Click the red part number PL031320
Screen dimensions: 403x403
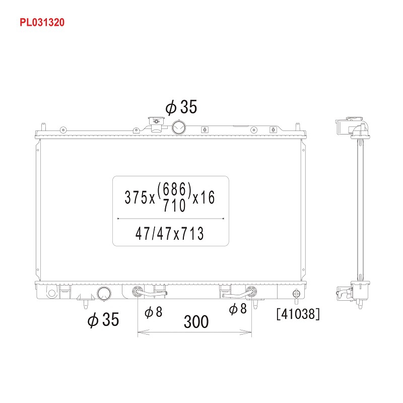42,22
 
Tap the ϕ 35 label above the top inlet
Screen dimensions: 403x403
181,107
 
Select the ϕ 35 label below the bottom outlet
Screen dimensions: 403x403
103,319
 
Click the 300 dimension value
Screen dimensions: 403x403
196,321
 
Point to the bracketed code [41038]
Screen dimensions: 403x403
298,314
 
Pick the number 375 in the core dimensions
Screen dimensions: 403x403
136,197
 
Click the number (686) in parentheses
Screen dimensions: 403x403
174,190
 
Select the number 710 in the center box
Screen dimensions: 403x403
174,205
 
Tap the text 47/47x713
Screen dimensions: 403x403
170,233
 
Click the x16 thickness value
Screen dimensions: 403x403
204,197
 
